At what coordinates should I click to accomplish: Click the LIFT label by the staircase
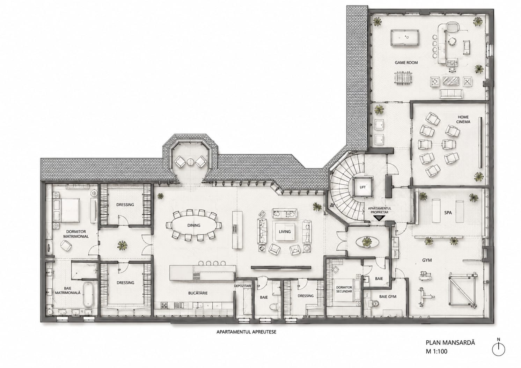pyautogui.click(x=362, y=187)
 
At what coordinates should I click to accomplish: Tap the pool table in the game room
pyautogui.click(x=405, y=38)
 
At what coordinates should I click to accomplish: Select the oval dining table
pyautogui.click(x=194, y=225)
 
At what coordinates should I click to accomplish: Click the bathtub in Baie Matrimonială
pyautogui.click(x=88, y=294)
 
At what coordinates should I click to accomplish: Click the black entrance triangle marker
pyautogui.click(x=379, y=218)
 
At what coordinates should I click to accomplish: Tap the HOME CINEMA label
pyautogui.click(x=463, y=119)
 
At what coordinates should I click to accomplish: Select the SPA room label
pyautogui.click(x=448, y=213)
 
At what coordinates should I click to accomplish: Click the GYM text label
pyautogui.click(x=427, y=260)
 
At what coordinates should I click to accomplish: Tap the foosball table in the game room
pyautogui.click(x=403, y=78)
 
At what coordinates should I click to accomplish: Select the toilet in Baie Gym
pyautogui.click(x=374, y=303)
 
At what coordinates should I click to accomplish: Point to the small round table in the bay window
pyautogui.click(x=190, y=162)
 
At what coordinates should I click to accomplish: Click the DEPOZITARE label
pyautogui.click(x=243, y=286)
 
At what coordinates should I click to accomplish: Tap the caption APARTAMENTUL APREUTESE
pyautogui.click(x=246, y=332)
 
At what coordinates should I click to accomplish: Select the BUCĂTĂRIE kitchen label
pyautogui.click(x=198, y=293)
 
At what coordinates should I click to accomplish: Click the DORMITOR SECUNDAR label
pyautogui.click(x=344, y=289)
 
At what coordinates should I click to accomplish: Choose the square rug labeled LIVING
pyautogui.click(x=285, y=232)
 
